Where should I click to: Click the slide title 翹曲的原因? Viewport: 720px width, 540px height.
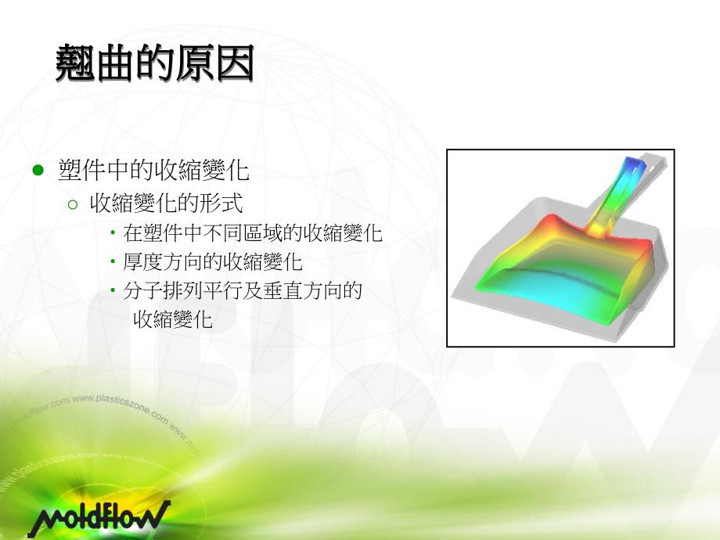pyautogui.click(x=154, y=63)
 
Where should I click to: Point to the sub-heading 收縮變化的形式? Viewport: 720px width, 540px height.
pyautogui.click(x=167, y=204)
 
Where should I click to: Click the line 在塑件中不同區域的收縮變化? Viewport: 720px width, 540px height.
pyautogui.click(x=252, y=233)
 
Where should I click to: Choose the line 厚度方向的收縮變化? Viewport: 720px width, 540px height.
pyautogui.click(x=212, y=261)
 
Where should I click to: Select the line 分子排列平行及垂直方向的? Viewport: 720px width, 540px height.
pyautogui.click(x=242, y=290)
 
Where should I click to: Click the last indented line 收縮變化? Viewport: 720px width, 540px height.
pyautogui.click(x=173, y=319)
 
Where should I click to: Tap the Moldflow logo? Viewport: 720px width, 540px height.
pyautogui.click(x=99, y=517)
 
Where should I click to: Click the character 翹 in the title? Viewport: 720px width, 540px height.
pyautogui.click(x=75, y=63)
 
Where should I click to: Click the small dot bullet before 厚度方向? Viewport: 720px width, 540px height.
pyautogui.click(x=113, y=261)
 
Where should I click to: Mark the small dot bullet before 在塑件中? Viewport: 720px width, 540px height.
pyautogui.click(x=113, y=233)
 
